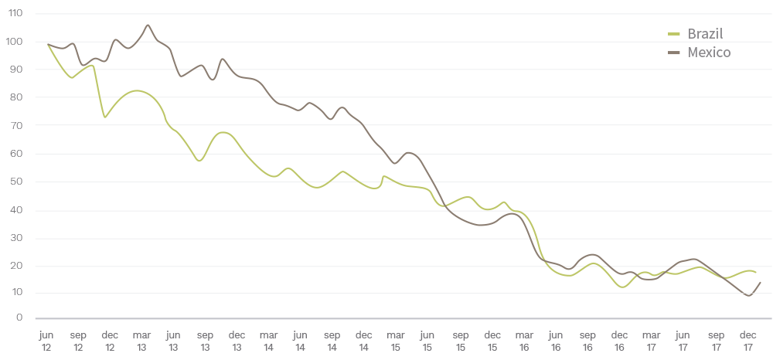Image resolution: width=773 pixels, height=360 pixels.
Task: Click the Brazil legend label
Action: click(704, 33)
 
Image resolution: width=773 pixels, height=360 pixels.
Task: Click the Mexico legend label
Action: click(709, 53)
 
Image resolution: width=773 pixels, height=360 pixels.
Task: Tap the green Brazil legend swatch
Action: click(673, 34)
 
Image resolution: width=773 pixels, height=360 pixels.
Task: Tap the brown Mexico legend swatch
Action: click(673, 53)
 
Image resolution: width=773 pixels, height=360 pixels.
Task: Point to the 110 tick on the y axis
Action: click(16, 14)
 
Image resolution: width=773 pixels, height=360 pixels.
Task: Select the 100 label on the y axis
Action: click(16, 42)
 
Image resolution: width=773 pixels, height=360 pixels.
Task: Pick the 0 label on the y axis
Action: click(18, 318)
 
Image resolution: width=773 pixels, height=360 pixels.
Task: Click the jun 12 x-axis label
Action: click(46, 341)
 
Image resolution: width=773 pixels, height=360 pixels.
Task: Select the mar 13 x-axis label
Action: click(141, 341)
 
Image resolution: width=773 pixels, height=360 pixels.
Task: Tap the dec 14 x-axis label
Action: click(364, 341)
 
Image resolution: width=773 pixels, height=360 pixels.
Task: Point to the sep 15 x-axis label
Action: click(460, 341)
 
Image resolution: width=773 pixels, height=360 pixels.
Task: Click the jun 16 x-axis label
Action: click(555, 341)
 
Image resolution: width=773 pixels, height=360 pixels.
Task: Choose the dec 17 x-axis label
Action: click(747, 341)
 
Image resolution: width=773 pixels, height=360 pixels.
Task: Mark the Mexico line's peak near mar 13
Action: click(148, 25)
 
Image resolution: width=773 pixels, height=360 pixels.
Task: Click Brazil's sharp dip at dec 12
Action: click(105, 117)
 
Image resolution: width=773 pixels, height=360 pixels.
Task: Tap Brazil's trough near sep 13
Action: click(199, 161)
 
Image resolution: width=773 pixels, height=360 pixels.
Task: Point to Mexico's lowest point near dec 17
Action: click(749, 295)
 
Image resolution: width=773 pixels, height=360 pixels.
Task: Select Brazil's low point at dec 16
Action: click(621, 287)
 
